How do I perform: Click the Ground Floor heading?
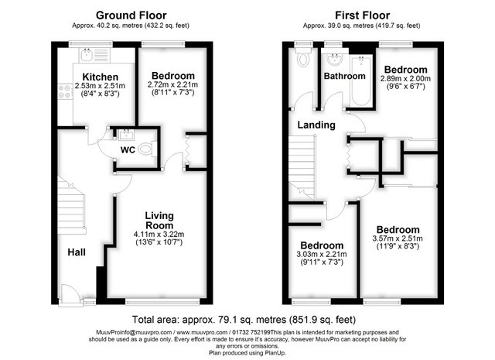(131, 15)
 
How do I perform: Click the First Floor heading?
(362, 15)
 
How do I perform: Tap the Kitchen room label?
(101, 77)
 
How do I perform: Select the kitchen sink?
(86, 55)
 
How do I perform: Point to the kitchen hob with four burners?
(64, 91)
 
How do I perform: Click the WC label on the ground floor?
(128, 150)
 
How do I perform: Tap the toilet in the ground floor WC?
(148, 149)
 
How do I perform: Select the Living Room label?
(159, 221)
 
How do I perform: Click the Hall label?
(77, 252)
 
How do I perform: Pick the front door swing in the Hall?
(71, 294)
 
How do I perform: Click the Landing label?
(316, 125)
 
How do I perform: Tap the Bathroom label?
(344, 76)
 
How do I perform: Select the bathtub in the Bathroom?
(361, 80)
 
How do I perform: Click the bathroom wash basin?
(335, 59)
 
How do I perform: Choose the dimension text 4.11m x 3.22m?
(159, 235)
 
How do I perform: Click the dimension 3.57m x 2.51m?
(398, 238)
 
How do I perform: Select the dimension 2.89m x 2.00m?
(405, 78)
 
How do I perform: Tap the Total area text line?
(244, 320)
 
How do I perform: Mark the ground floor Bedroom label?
(173, 76)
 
